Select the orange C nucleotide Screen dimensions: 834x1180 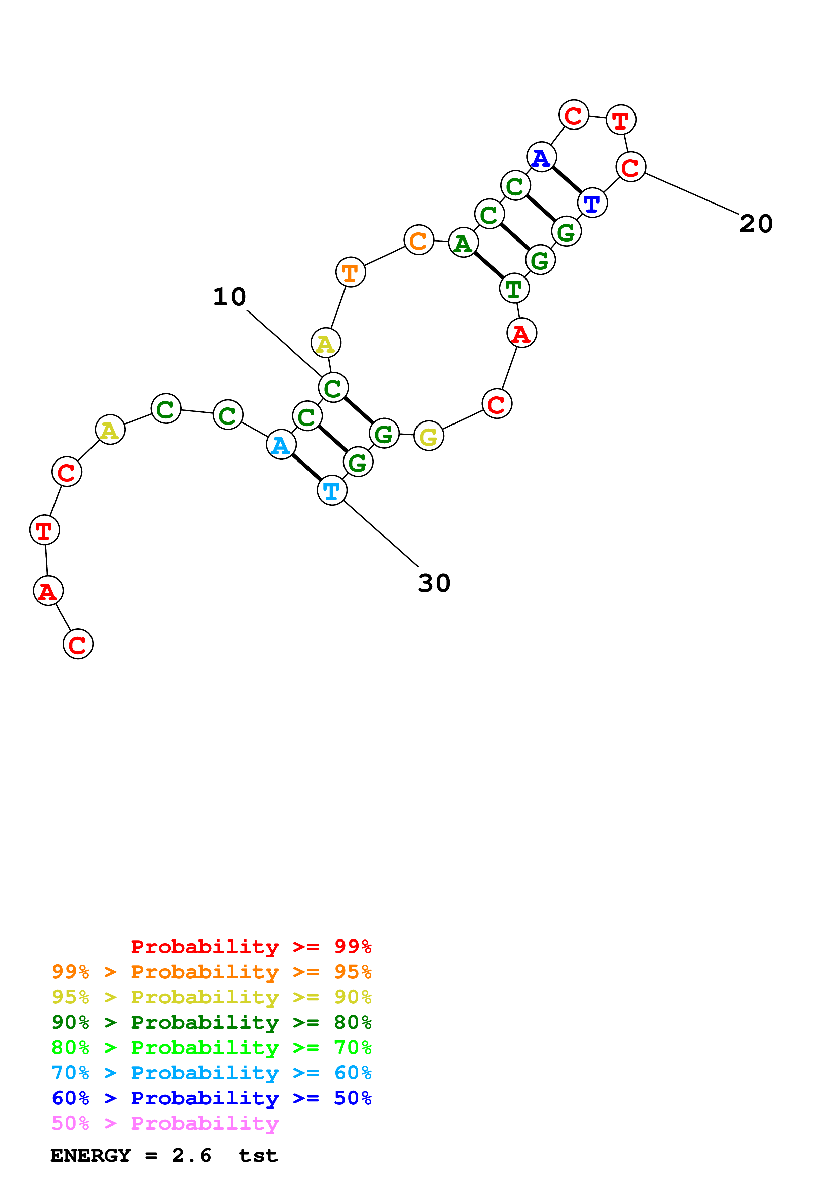(419, 240)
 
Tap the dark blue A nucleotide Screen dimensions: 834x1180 (541, 157)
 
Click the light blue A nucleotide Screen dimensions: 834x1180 (281, 445)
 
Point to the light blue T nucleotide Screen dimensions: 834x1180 (332, 491)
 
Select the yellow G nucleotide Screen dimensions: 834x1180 (429, 436)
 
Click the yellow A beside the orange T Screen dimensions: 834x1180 (326, 343)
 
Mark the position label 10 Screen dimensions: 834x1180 (230, 297)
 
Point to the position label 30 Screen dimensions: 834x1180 (434, 583)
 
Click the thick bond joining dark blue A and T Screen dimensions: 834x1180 (567, 180)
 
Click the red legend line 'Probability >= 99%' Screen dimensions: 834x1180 (251, 946)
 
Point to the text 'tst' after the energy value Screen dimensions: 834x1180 (258, 1155)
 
